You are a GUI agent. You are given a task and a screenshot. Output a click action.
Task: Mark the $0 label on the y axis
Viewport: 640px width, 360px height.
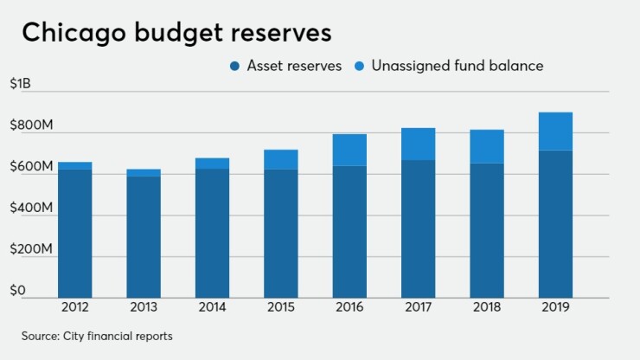coord(17,290)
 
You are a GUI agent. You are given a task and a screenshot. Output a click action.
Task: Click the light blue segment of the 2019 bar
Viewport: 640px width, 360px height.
coord(555,132)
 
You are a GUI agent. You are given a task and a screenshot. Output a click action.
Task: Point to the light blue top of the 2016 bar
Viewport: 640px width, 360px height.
coord(349,150)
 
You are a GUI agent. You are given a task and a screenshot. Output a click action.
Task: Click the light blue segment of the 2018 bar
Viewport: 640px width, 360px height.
coord(486,146)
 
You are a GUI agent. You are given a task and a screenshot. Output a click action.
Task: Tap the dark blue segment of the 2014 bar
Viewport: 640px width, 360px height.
coord(212,233)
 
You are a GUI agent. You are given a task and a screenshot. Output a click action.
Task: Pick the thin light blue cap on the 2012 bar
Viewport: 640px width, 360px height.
coord(74,165)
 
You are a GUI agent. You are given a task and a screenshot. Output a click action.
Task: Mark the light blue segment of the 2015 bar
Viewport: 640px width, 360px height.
coord(280,159)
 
